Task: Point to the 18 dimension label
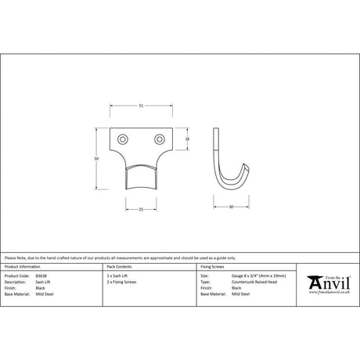188,139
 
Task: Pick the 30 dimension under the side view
232,207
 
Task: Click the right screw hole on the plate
159,139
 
